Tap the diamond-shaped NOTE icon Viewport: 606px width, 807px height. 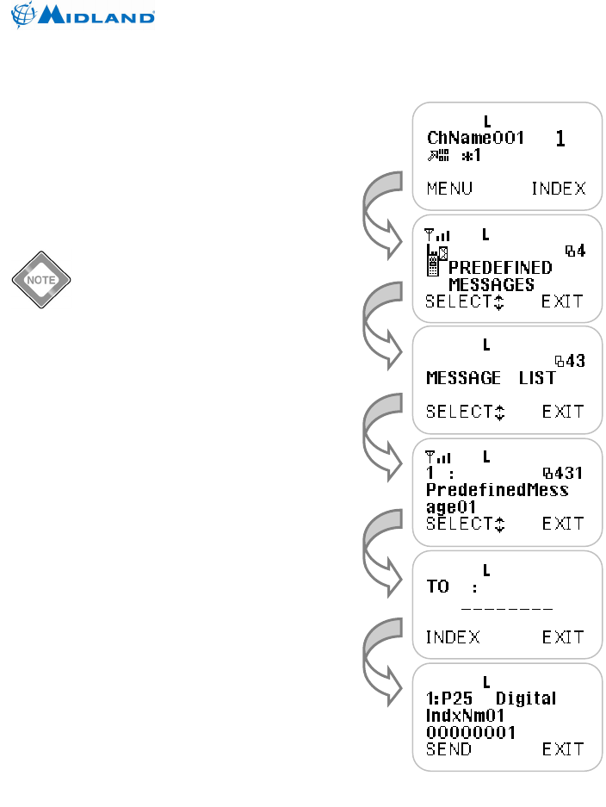click(40, 281)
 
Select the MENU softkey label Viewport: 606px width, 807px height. click(449, 189)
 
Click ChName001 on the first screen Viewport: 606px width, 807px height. click(475, 138)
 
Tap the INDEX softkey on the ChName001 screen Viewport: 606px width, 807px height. click(558, 189)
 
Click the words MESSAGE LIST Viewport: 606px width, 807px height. click(491, 378)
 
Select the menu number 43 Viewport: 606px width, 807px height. click(570, 361)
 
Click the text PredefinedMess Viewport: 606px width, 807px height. click(497, 490)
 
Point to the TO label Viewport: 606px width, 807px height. click(438, 587)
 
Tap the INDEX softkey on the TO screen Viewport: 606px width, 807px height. click(453, 637)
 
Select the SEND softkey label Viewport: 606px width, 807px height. click(448, 749)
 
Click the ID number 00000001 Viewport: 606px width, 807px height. click(471, 732)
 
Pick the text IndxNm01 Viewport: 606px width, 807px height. click(466, 715)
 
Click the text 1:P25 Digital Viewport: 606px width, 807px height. click(492, 698)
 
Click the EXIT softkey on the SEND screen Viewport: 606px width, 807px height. click(563, 749)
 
